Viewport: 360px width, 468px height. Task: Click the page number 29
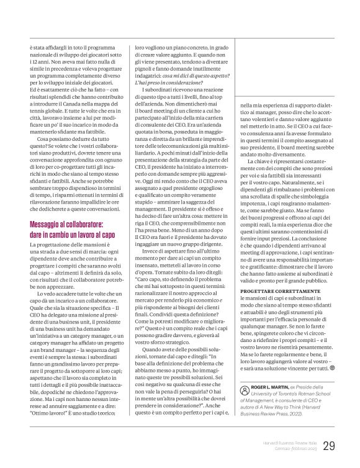329,445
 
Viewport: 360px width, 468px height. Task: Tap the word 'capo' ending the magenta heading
106,235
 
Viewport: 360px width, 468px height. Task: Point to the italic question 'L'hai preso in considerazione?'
166,83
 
